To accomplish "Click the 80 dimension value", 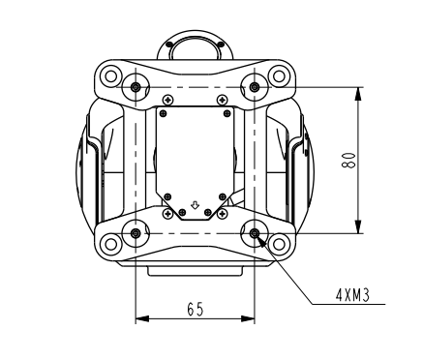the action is tap(348, 160).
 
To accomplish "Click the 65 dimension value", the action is tap(196, 309).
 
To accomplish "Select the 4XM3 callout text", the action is tap(352, 295).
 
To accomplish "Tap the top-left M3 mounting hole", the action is tap(136, 87).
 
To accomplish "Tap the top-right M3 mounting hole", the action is tap(255, 87).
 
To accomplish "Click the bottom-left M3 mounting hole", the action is tap(136, 233).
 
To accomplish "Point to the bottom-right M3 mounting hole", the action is tap(255, 233).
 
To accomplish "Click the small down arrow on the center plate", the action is tap(195, 205).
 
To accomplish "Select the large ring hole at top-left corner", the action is tap(110, 76).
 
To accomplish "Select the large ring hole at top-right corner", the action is tap(279, 76).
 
